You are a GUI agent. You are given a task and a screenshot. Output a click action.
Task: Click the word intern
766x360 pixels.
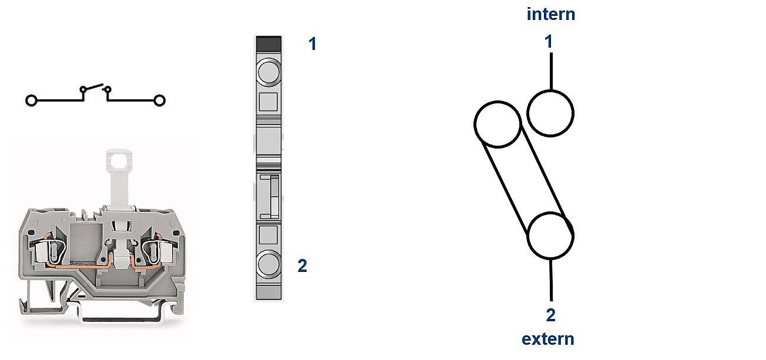551,14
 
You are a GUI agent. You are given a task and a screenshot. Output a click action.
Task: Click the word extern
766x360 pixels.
548,339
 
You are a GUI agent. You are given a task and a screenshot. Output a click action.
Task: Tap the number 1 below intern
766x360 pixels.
549,42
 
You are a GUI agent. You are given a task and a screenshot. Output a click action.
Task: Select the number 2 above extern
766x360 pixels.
550,315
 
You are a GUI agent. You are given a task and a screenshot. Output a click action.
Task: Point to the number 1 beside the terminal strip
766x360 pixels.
313,44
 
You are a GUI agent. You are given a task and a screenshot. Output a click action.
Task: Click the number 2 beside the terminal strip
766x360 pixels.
303,265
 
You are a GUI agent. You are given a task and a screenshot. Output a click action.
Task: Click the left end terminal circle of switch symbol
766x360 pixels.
31,100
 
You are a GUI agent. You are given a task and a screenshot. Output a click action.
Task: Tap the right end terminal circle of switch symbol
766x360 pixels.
159,100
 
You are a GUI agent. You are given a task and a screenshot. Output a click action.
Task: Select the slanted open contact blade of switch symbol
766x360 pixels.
93,87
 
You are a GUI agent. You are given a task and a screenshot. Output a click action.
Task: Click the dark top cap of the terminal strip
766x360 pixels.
269,43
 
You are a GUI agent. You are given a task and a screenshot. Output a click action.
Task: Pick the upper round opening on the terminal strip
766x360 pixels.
269,72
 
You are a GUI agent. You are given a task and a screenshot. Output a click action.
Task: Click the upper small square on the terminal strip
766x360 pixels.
268,102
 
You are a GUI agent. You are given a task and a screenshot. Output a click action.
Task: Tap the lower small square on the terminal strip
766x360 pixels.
268,235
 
